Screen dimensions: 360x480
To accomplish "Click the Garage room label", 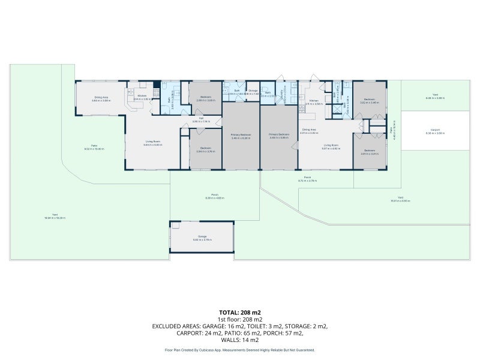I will pyautogui.click(x=202, y=237).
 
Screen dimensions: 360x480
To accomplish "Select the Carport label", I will pyautogui.click(x=436, y=130).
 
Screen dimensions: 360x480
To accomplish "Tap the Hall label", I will pyautogui.click(x=202, y=119).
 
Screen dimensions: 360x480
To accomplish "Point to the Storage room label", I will pyautogui.click(x=253, y=92).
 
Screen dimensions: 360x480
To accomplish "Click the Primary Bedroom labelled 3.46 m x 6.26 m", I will pyautogui.click(x=241, y=136).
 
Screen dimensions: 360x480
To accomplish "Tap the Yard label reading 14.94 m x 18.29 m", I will pyautogui.click(x=54, y=215).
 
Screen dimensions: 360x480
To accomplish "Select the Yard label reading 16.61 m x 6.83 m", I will pyautogui.click(x=400, y=199).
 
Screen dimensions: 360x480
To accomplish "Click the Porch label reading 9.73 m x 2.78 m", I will pyautogui.click(x=307, y=178).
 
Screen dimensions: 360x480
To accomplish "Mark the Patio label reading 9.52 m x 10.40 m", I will pyautogui.click(x=94, y=146).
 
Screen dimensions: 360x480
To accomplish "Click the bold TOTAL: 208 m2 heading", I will pyautogui.click(x=239, y=313).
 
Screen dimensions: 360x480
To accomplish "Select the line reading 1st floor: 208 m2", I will pyautogui.click(x=239, y=319).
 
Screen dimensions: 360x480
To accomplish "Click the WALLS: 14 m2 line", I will pyautogui.click(x=239, y=340).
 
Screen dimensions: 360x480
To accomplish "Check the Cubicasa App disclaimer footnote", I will pyautogui.click(x=239, y=350).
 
